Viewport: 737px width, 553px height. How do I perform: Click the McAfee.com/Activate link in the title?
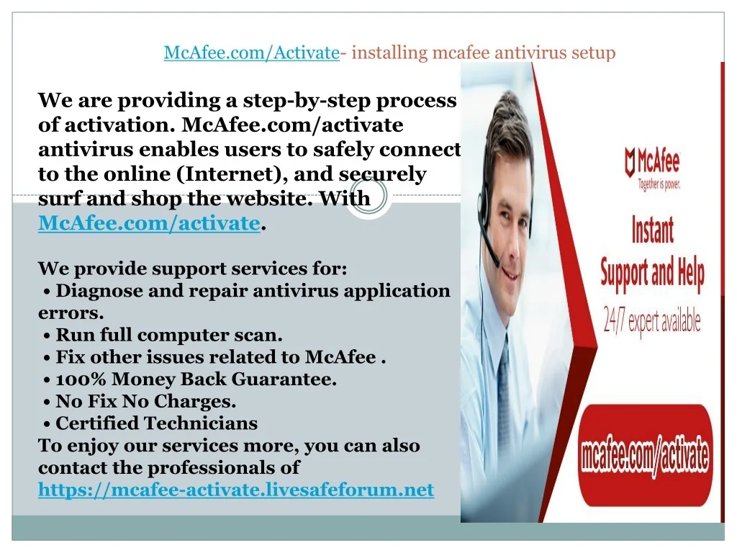click(x=251, y=52)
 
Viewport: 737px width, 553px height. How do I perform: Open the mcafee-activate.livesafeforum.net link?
click(x=236, y=490)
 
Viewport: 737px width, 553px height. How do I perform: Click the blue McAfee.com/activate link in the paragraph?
click(x=149, y=223)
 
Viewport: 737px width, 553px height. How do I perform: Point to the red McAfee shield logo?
click(x=630, y=162)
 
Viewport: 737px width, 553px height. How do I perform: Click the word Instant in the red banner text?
click(x=652, y=230)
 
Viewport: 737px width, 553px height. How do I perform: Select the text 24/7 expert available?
click(x=652, y=322)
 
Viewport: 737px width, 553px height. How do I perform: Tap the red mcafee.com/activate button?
click(x=645, y=455)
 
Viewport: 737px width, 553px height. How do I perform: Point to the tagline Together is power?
click(x=659, y=184)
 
